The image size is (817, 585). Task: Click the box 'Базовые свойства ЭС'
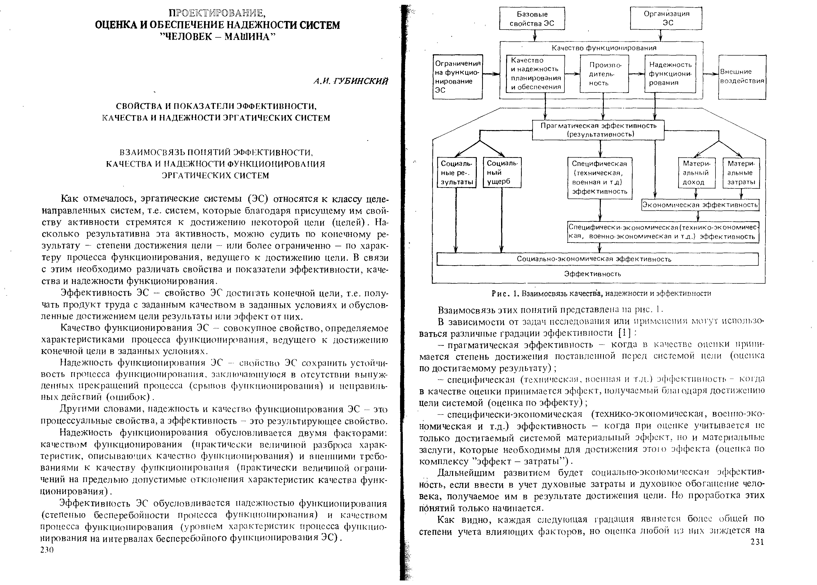[532, 19]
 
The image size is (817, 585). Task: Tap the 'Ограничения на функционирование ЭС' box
[457, 77]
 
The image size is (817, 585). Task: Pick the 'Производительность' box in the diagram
[604, 74]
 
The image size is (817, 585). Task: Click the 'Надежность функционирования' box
[670, 74]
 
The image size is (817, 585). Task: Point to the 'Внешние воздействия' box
[742, 77]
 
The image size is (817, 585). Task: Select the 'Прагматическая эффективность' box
[598, 130]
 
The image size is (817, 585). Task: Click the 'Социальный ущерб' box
[502, 173]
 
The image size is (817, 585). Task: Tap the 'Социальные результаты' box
[456, 173]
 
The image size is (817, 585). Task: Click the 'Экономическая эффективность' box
[700, 205]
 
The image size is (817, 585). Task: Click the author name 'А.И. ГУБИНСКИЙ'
[351, 81]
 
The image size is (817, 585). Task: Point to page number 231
[757, 542]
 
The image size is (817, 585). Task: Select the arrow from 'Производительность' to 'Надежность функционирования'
[636, 74]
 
